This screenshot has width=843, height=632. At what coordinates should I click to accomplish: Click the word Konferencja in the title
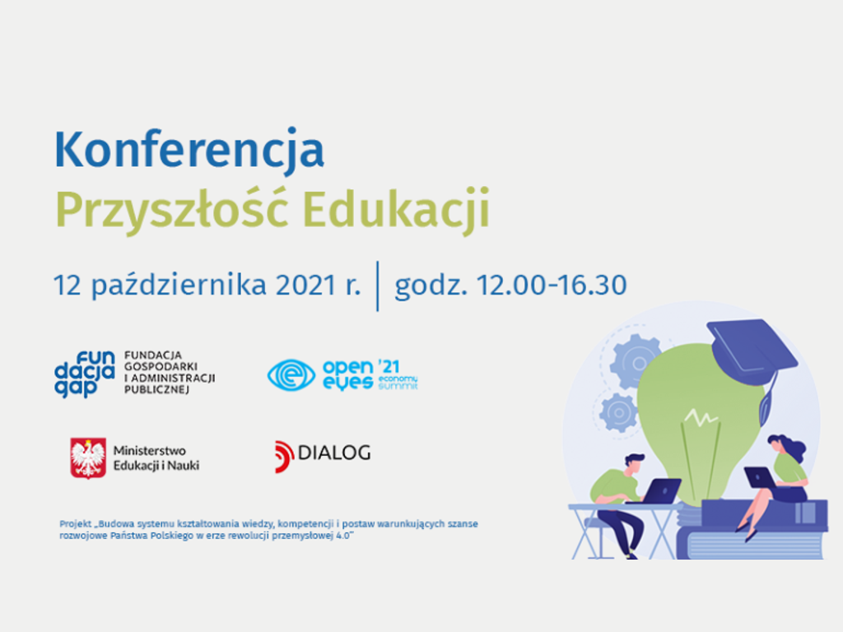[x=189, y=150]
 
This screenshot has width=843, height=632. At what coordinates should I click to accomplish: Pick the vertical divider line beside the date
[x=378, y=286]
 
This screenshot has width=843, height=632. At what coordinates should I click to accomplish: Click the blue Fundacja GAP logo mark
[x=84, y=374]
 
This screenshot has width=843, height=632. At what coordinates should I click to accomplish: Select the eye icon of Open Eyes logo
[x=291, y=374]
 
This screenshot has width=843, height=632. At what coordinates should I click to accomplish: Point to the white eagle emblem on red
[x=88, y=458]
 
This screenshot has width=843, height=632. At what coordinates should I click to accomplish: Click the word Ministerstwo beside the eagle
[x=149, y=451]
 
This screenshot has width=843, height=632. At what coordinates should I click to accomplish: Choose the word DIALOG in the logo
[x=333, y=453]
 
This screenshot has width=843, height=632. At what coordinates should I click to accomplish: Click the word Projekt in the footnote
[x=75, y=523]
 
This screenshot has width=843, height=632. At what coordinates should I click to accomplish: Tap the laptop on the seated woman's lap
[x=759, y=477]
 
